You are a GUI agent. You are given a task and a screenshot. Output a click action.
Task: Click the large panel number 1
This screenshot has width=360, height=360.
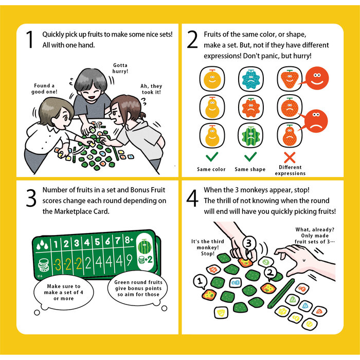point(30,40)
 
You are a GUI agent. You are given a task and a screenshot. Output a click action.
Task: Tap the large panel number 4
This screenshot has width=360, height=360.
point(192,198)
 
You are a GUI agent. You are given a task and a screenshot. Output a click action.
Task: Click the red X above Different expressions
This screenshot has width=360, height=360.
point(290,157)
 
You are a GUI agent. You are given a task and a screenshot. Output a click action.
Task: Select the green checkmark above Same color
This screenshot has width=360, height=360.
point(212,157)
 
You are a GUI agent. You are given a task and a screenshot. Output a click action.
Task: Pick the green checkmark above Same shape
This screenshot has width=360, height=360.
point(250,157)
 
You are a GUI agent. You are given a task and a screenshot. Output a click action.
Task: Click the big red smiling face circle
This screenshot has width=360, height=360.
point(317,78)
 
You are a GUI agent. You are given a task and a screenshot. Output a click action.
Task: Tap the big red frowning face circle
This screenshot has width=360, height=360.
point(315,121)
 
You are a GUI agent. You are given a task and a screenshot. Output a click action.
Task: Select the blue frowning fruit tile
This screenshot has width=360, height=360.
point(251,79)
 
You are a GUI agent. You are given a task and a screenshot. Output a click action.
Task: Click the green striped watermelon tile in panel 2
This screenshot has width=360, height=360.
point(251,135)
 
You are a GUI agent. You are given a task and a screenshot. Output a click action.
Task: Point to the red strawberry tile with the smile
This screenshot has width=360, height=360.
point(290,79)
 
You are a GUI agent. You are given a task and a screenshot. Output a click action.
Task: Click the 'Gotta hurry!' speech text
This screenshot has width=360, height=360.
point(120,68)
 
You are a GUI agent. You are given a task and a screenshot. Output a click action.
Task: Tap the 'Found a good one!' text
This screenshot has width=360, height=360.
point(44,88)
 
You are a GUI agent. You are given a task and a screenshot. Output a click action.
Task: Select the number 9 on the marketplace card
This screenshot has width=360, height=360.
point(129,260)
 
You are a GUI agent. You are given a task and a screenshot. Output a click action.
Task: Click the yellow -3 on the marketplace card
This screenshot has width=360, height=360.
point(58,264)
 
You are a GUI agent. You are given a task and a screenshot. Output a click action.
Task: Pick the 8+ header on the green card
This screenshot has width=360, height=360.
point(129,240)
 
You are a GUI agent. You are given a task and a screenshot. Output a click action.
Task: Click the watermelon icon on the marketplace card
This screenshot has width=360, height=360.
point(145,246)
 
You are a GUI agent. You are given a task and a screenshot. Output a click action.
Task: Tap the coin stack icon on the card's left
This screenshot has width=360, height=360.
point(43,265)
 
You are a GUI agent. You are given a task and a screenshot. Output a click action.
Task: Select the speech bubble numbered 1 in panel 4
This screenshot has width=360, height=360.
point(200,281)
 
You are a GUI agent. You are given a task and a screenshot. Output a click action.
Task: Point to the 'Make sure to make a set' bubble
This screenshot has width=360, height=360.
point(64,292)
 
